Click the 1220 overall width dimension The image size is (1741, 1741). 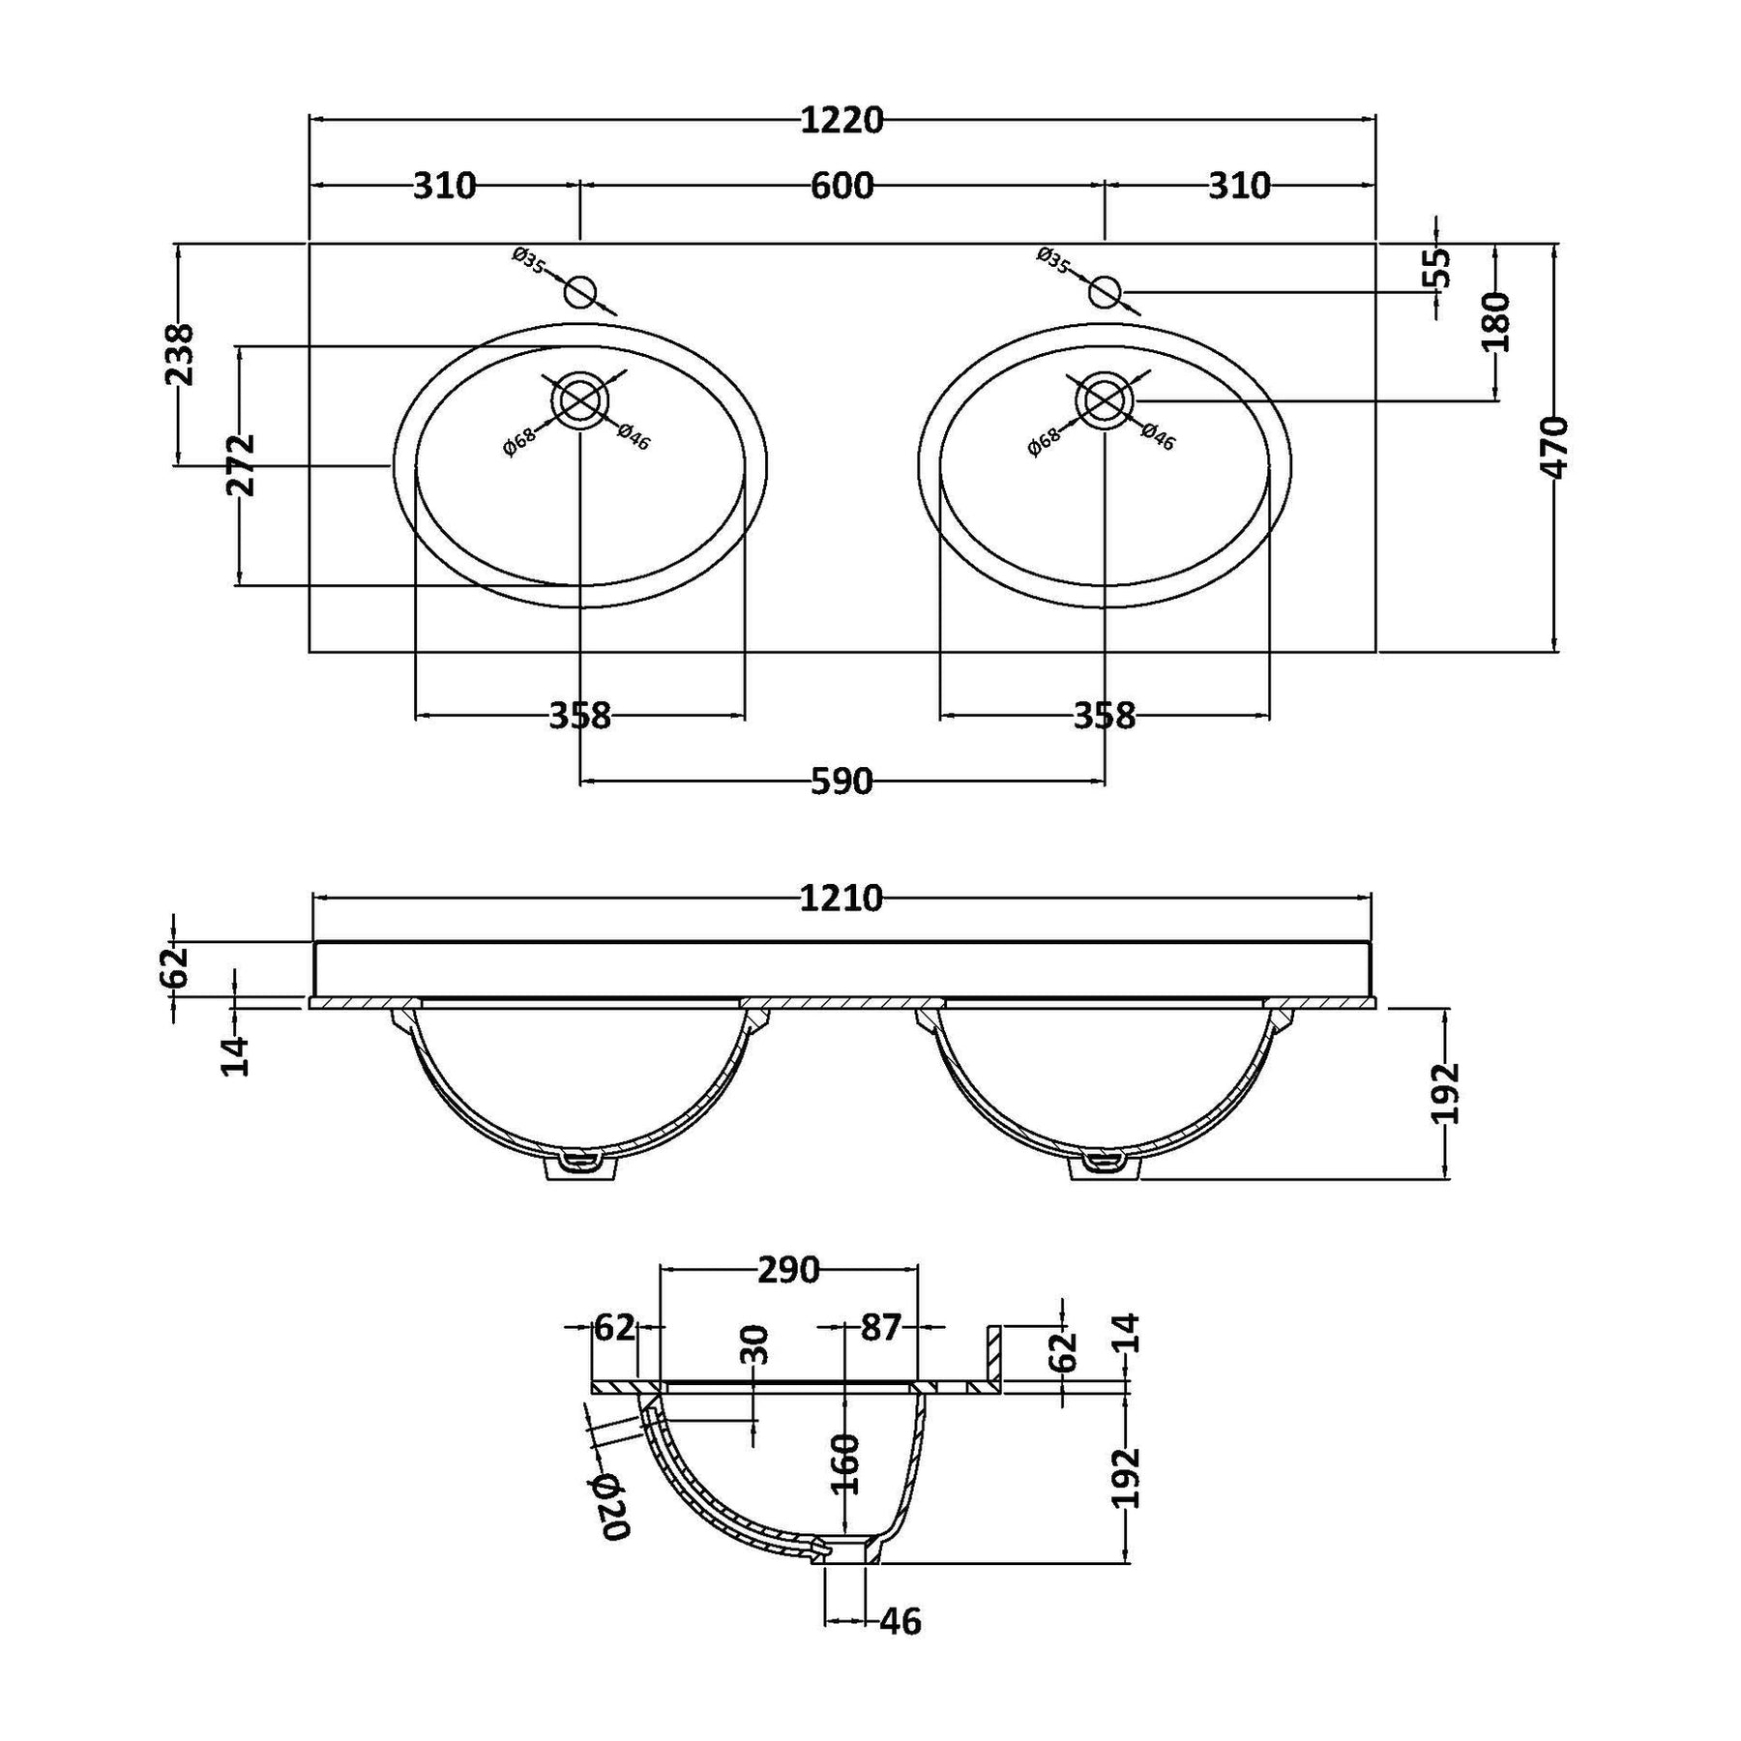click(x=841, y=121)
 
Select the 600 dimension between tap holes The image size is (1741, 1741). click(x=841, y=185)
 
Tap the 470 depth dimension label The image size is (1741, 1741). click(x=1554, y=447)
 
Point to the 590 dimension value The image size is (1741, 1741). click(x=841, y=781)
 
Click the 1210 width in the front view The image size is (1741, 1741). click(x=841, y=899)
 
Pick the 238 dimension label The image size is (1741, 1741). click(x=181, y=354)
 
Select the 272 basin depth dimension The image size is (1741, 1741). click(x=241, y=464)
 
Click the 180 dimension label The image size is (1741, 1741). click(x=1494, y=321)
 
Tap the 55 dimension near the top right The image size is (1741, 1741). click(x=1438, y=267)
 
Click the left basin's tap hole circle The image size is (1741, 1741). click(x=580, y=290)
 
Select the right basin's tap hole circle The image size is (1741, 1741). click(x=1105, y=290)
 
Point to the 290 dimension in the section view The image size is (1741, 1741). click(x=788, y=1270)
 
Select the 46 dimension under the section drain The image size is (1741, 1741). click(x=900, y=1620)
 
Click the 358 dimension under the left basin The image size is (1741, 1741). click(x=580, y=716)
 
